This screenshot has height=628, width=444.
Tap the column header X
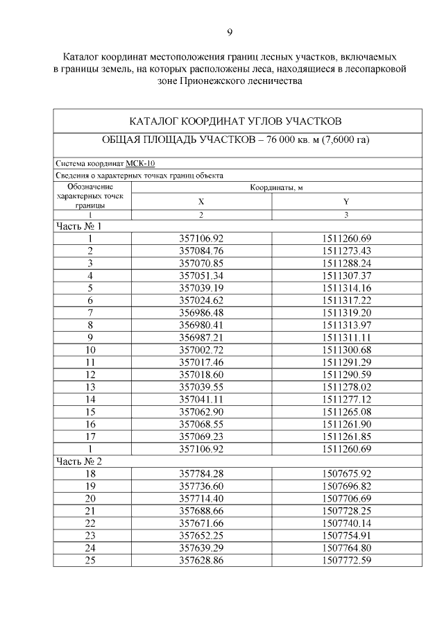tap(201, 202)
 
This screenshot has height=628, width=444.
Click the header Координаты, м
tap(274, 187)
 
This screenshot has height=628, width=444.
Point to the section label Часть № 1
tap(78, 226)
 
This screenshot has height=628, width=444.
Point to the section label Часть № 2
tap(78, 461)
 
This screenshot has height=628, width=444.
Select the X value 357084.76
tap(201, 251)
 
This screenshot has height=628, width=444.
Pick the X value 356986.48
tap(201, 312)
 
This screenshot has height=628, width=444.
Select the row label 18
tap(90, 473)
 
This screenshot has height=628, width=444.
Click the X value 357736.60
tap(201, 486)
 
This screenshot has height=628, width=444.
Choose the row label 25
tap(90, 559)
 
